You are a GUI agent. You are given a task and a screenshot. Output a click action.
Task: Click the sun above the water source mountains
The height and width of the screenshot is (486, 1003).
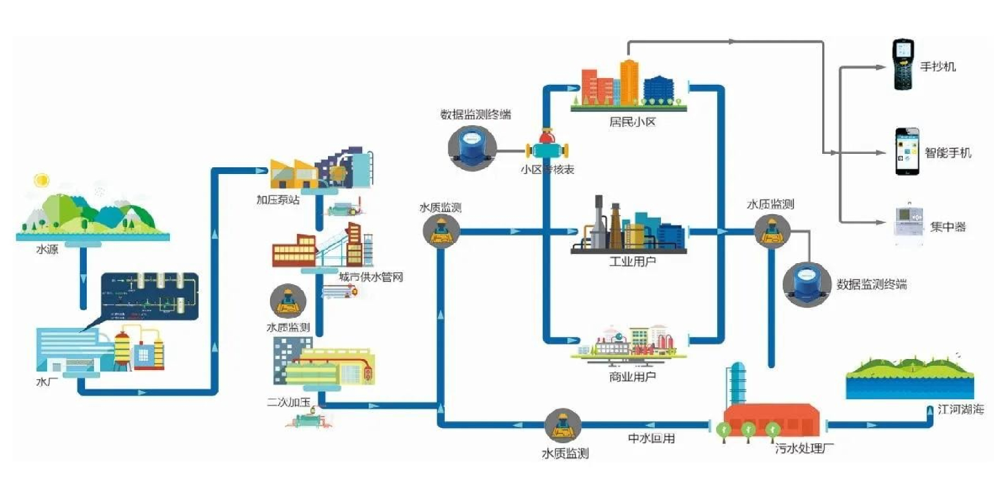click(x=42, y=180)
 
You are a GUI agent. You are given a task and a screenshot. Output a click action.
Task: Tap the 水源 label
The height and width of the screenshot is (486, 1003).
click(x=47, y=249)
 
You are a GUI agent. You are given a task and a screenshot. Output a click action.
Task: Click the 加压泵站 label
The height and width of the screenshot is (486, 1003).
click(x=278, y=200)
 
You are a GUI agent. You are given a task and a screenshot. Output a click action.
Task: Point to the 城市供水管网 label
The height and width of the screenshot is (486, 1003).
click(x=371, y=277)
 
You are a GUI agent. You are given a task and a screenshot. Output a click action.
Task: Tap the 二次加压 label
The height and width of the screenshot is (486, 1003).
click(x=288, y=402)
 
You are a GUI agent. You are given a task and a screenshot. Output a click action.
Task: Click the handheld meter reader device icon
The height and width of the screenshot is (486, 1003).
click(x=902, y=65)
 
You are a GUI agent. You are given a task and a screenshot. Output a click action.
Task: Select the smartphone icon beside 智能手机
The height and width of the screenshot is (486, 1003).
click(x=906, y=151)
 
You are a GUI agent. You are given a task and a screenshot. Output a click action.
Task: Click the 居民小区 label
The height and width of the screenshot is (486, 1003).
click(x=632, y=122)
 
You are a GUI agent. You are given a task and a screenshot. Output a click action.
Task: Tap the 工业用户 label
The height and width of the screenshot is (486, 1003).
click(x=632, y=262)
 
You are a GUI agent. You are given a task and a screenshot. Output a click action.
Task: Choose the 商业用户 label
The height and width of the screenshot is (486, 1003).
click(x=632, y=377)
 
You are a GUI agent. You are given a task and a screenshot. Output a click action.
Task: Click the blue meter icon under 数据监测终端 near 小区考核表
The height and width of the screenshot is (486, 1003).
click(x=471, y=148)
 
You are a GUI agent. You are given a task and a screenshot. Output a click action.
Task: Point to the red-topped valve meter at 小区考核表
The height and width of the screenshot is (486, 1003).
click(x=547, y=147)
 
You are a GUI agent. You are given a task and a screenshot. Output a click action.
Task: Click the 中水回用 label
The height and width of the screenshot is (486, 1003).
click(x=651, y=438)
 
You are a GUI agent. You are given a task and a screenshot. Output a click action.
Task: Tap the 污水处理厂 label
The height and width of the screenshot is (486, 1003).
click(x=804, y=448)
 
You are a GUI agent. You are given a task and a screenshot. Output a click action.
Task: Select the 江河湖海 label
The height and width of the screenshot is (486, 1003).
click(x=960, y=409)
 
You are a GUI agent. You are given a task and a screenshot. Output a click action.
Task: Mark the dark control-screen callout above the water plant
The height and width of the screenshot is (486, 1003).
click(x=150, y=296)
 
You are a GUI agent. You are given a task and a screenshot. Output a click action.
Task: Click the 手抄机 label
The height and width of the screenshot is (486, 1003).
click(x=938, y=67)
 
